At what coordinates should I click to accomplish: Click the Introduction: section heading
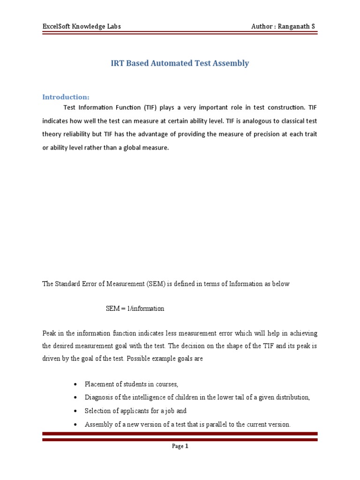point(66,97)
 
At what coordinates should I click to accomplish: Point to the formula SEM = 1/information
point(135,308)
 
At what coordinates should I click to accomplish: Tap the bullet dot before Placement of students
point(75,384)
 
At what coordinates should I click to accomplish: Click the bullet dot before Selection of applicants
point(75,411)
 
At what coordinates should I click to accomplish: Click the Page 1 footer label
point(180,447)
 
